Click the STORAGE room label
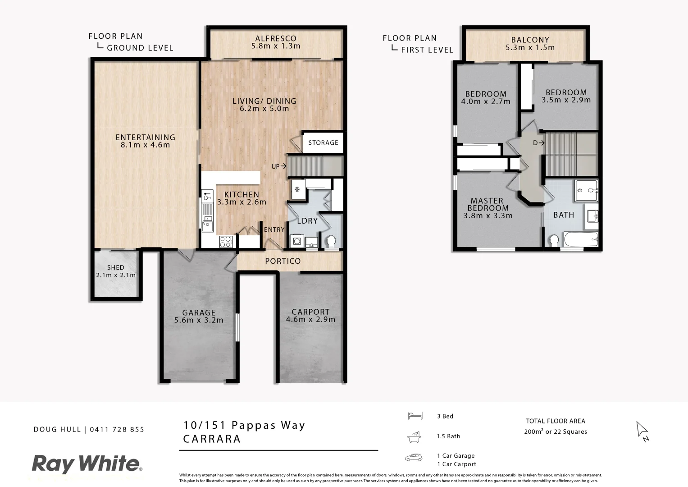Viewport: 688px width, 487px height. (323, 142)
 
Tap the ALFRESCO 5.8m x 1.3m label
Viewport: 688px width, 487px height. (276, 42)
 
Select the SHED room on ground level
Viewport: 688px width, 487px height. (116, 275)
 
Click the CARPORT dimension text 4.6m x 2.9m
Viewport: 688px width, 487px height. (310, 319)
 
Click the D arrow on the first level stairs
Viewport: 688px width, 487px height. (538, 143)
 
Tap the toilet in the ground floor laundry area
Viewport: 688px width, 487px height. (331, 241)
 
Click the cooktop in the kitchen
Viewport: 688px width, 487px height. (226, 242)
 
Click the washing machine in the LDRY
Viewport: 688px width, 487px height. (297, 241)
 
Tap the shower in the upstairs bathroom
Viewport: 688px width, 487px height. (586, 190)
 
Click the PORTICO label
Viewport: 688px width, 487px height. (282, 261)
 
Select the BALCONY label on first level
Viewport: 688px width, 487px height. (530, 43)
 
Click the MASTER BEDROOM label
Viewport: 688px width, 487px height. (488, 208)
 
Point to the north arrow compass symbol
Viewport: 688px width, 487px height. (642, 431)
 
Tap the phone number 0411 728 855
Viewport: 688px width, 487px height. (117, 429)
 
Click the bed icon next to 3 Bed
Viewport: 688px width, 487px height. (415, 416)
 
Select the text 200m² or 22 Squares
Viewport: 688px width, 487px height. (555, 432)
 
